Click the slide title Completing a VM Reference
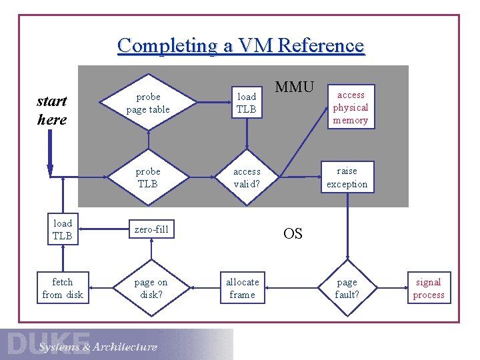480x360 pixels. [241, 45]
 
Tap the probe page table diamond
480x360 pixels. [148, 103]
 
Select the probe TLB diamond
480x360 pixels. [148, 177]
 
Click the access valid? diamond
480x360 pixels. [247, 177]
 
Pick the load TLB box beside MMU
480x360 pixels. [247, 103]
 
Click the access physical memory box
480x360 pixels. [350, 107]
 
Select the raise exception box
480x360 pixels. [347, 177]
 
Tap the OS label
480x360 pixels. [293, 233]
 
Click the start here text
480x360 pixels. [51, 110]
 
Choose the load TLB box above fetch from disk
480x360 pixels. [63, 229]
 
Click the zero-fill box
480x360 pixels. [151, 230]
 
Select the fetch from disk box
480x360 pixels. [63, 288]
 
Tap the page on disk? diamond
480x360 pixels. [151, 288]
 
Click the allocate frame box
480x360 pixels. [242, 288]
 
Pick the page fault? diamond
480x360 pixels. [347, 288]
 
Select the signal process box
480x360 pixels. [429, 288]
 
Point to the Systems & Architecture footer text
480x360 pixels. [98, 347]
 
